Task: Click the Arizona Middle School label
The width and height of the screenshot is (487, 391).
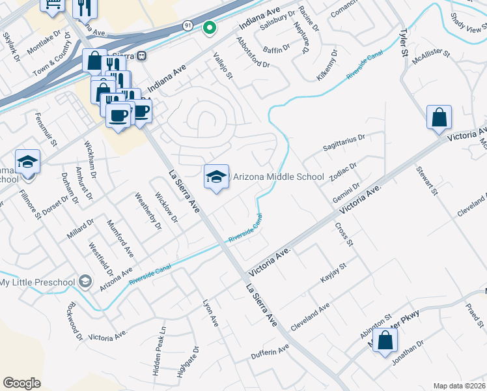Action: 278,177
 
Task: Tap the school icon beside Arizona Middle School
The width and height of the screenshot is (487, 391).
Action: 217,176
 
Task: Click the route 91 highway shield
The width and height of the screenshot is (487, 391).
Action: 188,25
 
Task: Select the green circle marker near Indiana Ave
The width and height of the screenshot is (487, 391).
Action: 209,27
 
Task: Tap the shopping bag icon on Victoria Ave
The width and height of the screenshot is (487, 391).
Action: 439,118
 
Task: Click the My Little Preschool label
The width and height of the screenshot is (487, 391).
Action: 38,282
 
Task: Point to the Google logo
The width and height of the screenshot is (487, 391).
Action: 22,383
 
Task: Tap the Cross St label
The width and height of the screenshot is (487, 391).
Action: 343,235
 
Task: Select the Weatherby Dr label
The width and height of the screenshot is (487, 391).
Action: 148,210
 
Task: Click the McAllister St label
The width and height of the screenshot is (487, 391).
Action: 431,59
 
